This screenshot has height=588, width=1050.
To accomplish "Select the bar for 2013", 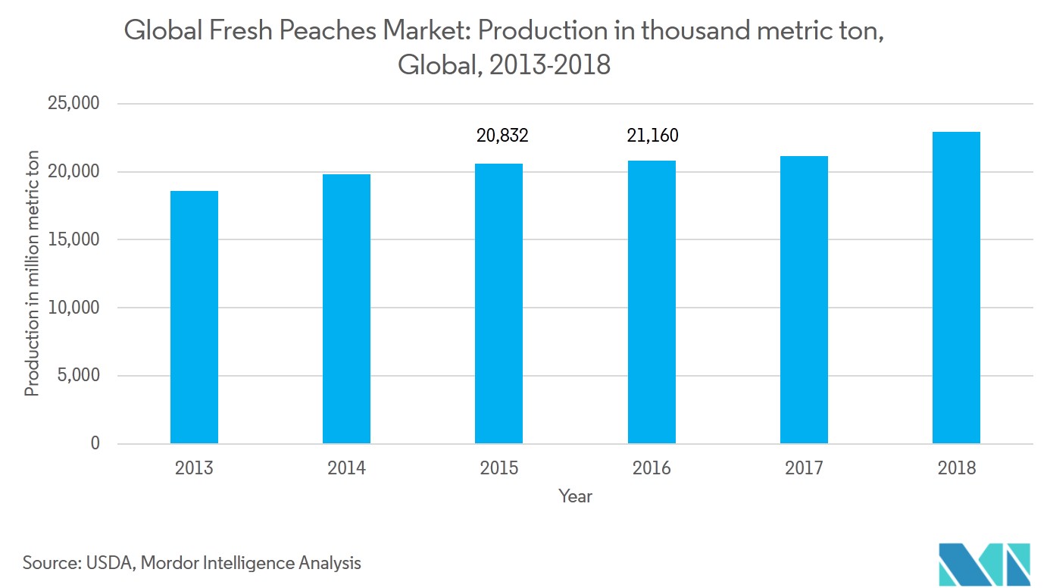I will tap(194, 317).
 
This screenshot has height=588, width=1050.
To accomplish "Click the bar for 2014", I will tap(346, 308).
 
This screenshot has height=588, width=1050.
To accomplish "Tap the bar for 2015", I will tap(498, 303).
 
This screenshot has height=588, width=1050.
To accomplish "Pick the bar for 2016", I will tap(652, 302).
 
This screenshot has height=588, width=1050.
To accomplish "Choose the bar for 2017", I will tap(804, 299).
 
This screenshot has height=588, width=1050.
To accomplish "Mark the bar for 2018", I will tap(956, 287).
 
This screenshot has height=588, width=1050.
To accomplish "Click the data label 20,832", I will tap(502, 136).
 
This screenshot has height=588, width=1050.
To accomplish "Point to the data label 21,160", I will tap(652, 136).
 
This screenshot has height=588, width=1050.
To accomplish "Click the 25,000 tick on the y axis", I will tap(73, 103).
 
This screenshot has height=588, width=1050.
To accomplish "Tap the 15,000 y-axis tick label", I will tap(73, 239).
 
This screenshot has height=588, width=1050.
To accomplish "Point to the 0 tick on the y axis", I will tap(95, 444).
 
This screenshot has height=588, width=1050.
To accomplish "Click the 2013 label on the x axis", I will tap(194, 468).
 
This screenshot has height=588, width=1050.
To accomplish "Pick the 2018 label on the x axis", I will tap(956, 468).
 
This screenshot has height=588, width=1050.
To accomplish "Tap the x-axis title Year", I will tap(575, 497).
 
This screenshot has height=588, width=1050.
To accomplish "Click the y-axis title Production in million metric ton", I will tap(32, 273).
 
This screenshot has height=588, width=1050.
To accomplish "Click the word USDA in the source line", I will tap(107, 563).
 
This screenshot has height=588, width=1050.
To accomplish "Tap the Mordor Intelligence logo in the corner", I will tap(984, 564).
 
